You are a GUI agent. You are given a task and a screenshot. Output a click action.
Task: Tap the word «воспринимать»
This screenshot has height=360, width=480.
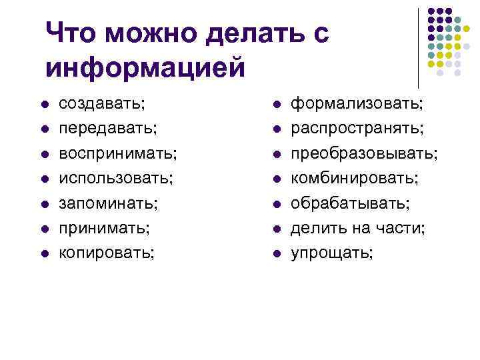click(x=117, y=153)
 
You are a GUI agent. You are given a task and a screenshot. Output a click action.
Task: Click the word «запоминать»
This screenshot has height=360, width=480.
click(x=107, y=203)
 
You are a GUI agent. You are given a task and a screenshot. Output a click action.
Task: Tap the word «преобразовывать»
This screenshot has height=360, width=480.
click(x=363, y=153)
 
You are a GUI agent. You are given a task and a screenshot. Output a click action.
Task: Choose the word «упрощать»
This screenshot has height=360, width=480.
click(x=331, y=253)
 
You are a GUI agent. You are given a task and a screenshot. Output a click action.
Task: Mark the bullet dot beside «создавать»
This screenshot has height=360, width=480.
click(x=43, y=105)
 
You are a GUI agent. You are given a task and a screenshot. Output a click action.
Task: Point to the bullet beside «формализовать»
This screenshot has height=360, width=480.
click(x=276, y=105)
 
